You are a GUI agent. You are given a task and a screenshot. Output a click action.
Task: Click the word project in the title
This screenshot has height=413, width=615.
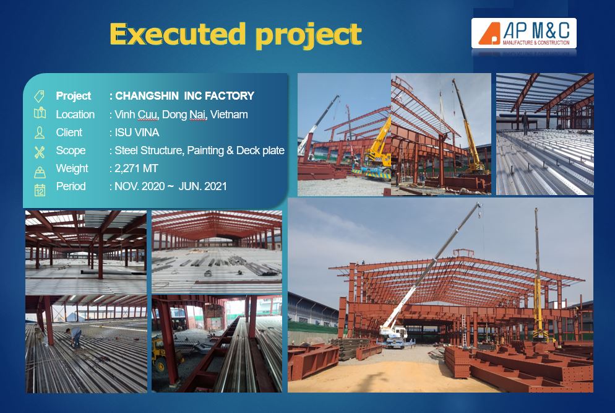pyautogui.click(x=308, y=36)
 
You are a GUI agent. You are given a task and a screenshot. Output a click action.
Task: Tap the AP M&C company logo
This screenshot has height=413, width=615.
pyautogui.click(x=523, y=33)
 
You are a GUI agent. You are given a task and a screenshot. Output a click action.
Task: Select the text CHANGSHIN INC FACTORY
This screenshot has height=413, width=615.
pyautogui.click(x=184, y=96)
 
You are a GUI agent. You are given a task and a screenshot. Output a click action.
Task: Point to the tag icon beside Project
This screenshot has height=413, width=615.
pyautogui.click(x=39, y=96)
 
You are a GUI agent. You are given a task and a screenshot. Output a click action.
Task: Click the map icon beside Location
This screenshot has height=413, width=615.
pyautogui.click(x=40, y=114)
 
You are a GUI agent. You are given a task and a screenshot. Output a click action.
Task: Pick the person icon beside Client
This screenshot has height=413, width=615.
pyautogui.click(x=39, y=133)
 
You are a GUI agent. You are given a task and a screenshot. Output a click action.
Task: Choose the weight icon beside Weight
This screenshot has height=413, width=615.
pyautogui.click(x=40, y=172)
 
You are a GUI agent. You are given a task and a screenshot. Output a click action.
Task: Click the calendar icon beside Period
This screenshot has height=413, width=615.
pyautogui.click(x=40, y=189)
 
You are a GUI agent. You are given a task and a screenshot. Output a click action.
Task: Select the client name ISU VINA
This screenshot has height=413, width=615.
pyautogui.click(x=137, y=133)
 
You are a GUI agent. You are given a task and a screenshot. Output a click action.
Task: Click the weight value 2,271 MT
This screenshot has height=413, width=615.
pyautogui.click(x=136, y=169)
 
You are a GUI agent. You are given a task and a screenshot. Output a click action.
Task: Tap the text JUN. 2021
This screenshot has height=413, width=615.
pyautogui.click(x=203, y=186)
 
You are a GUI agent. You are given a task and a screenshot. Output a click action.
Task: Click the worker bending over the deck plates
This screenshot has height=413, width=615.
pyautogui.click(x=75, y=337)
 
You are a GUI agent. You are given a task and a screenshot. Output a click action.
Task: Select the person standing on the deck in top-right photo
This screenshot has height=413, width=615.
pyautogui.click(x=525, y=123)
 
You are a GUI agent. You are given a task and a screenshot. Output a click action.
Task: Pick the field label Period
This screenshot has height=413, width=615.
pyautogui.click(x=71, y=186)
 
